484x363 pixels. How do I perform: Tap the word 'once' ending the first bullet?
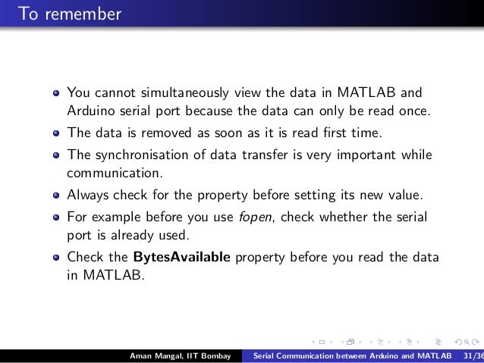pyautogui.click(x=410, y=113)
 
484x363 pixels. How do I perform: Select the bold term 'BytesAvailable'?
pyautogui.click(x=182, y=256)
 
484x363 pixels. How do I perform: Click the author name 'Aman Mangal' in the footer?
pyautogui.click(x=152, y=356)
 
